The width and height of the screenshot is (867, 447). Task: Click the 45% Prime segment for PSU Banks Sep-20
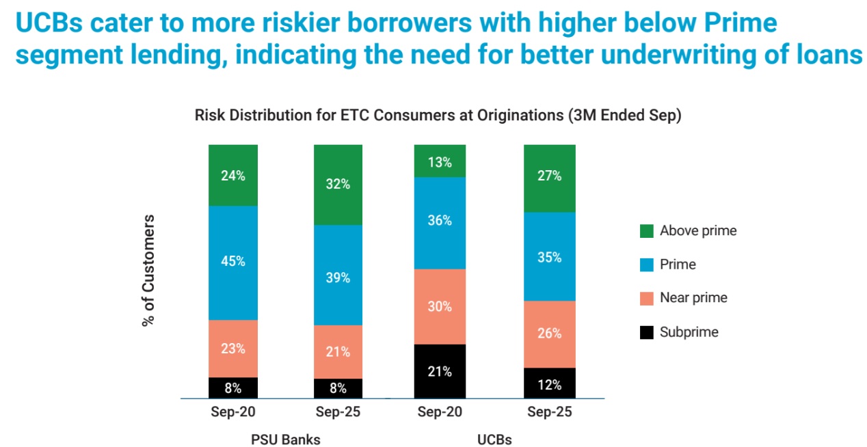tap(233, 262)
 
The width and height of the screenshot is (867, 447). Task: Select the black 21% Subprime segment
tap(440, 371)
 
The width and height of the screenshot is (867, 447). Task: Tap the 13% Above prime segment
tap(440, 161)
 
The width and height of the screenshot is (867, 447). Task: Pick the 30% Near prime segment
tap(440, 307)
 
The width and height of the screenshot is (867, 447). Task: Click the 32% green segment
tap(338, 185)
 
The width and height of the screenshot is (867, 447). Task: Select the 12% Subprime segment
tap(549, 383)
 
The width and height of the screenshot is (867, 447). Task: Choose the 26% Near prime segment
tap(549, 334)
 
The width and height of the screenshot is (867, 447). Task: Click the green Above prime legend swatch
tap(647, 231)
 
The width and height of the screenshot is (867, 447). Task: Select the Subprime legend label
tap(689, 333)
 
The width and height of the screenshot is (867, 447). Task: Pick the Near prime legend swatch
tap(647, 298)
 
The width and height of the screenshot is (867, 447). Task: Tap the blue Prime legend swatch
tap(647, 265)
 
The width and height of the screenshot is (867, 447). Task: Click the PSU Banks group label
tap(286, 439)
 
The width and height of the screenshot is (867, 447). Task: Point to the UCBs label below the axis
tap(494, 439)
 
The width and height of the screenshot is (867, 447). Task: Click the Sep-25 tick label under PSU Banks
tap(338, 413)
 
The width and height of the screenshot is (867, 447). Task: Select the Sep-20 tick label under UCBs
tap(440, 413)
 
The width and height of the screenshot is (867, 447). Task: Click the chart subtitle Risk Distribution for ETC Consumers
tap(438, 116)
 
